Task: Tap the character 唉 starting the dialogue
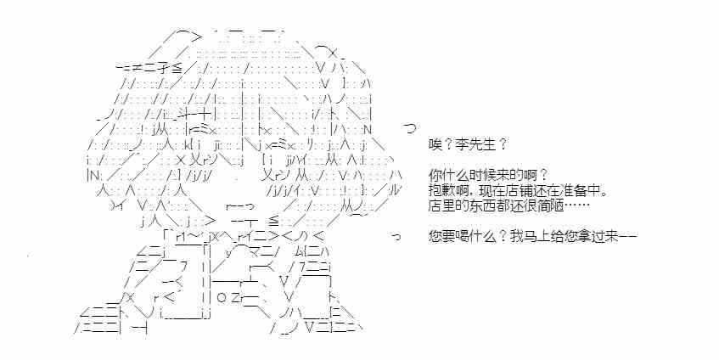point(435,145)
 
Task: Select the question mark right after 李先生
point(502,145)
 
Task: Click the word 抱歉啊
point(447,190)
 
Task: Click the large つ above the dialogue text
point(410,127)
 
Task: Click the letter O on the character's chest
point(219,298)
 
